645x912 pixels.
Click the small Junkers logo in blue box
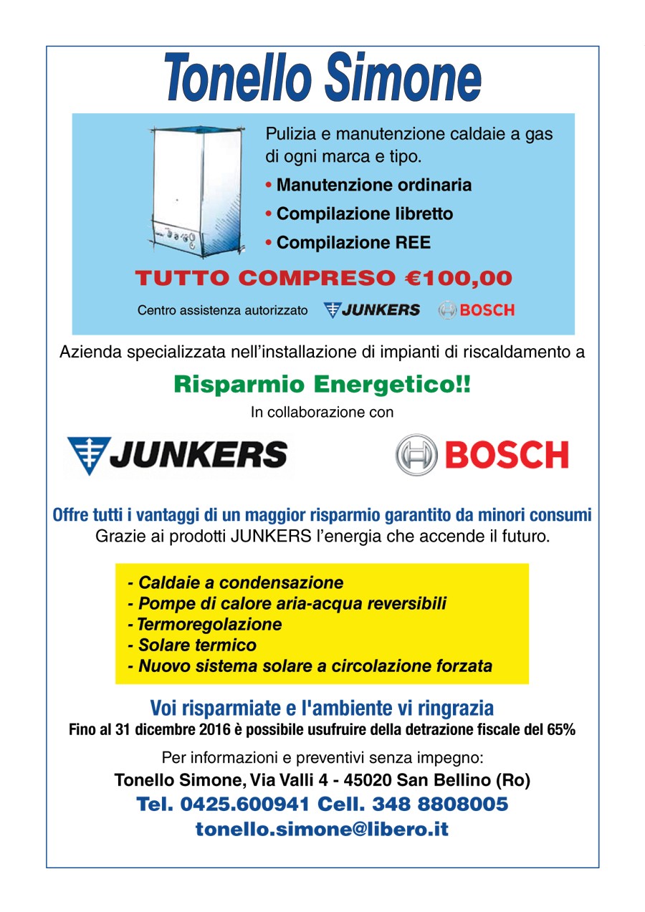372,310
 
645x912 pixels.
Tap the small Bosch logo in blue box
477,310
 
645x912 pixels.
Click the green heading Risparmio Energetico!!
322,385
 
